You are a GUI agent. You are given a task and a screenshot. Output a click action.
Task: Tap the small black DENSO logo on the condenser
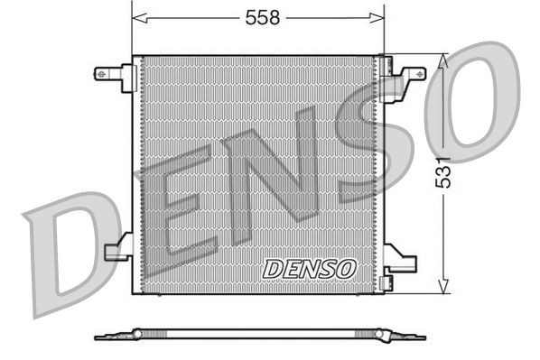pyautogui.click(x=311, y=268)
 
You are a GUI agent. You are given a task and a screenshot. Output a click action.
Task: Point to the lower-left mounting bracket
pyautogui.click(x=118, y=250)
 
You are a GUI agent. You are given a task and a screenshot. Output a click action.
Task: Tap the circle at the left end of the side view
pyautogui.click(x=137, y=334)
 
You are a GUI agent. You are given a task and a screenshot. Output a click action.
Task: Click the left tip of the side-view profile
pyautogui.click(x=97, y=338)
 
